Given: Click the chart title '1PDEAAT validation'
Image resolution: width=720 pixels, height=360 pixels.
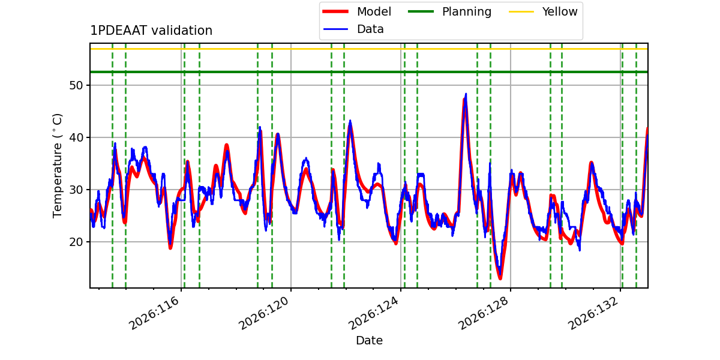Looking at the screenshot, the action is (x=151, y=31).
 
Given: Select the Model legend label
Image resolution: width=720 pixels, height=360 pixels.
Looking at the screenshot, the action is (x=374, y=11).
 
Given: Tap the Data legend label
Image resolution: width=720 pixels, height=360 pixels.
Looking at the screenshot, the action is (x=370, y=29).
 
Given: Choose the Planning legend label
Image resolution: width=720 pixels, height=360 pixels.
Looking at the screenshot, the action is (x=467, y=12).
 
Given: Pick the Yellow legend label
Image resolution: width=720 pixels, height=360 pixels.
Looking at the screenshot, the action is (x=560, y=11).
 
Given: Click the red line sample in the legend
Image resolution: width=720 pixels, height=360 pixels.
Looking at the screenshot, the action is (x=335, y=11).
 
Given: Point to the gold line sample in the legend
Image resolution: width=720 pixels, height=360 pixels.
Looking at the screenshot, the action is (x=521, y=11).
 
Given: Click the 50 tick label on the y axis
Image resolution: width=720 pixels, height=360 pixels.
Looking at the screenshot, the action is (x=76, y=85).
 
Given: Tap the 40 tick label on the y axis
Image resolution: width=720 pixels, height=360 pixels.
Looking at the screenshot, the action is (x=76, y=137).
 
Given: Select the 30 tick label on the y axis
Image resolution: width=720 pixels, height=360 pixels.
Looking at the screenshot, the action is (x=76, y=190).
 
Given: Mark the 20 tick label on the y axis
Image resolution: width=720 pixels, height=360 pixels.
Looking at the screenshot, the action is (x=76, y=242).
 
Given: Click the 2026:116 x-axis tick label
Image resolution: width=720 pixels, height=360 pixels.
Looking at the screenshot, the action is (x=154, y=313).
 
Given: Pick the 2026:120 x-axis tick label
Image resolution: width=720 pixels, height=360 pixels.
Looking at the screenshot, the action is (x=263, y=313).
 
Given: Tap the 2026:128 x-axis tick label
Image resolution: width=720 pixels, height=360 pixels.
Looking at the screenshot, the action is (x=484, y=313).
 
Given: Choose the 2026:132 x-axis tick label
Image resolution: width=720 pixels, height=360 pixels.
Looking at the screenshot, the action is (x=593, y=313).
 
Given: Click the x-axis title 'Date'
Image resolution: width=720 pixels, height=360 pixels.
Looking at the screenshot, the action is (x=370, y=340).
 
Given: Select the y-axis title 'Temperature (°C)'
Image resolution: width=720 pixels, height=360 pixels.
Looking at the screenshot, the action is (x=57, y=166).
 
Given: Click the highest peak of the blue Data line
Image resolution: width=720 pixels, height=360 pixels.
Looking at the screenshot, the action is (x=466, y=94).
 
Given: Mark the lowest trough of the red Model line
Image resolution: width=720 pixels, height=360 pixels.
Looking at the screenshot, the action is (x=500, y=278).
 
